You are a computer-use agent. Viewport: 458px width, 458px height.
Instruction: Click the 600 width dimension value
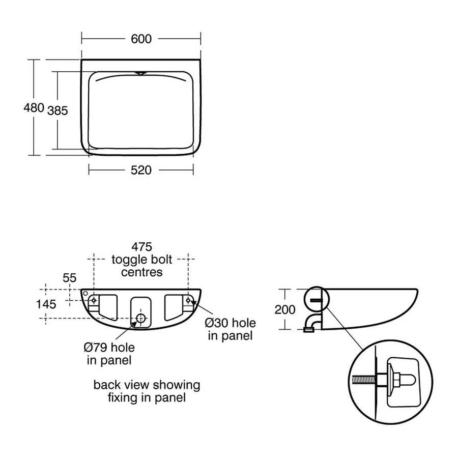coord(141,39)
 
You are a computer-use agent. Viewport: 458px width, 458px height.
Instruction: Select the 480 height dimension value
coord(34,108)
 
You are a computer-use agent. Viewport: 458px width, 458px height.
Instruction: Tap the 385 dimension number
coord(58,110)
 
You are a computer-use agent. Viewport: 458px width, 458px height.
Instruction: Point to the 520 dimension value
coord(141,170)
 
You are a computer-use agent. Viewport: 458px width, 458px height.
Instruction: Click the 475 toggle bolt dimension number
coord(142,247)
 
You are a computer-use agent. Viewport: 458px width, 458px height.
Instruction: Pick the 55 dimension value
coord(69,278)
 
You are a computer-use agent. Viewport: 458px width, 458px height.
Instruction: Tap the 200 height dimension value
coord(285,309)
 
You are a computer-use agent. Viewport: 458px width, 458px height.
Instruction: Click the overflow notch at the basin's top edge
coord(140,73)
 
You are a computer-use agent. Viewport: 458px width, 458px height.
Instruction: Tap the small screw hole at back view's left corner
coord(85,293)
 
